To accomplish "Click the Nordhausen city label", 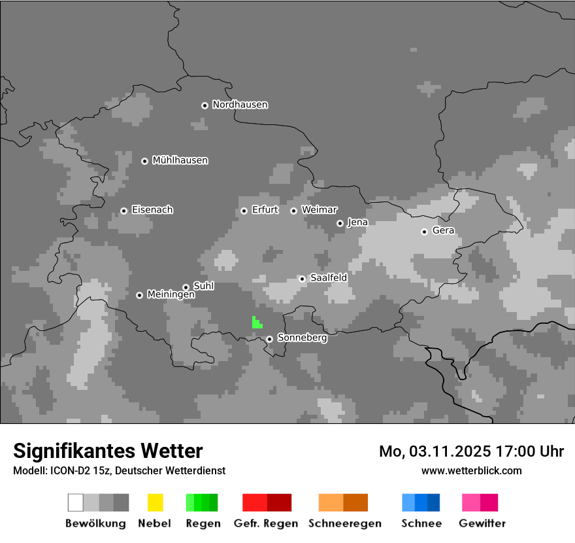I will coord(240,105).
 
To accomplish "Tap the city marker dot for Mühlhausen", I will coord(144,161).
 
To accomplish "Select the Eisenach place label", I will coord(152,210).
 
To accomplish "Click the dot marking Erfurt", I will coord(244,211).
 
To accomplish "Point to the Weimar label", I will coord(320,210).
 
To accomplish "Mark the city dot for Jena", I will coord(340,223).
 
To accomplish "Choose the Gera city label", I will coord(443,230).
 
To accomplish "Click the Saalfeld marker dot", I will coord(302,279).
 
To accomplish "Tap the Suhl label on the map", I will coord(204,286).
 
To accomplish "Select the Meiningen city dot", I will coord(139,295).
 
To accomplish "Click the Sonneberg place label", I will coord(303,338).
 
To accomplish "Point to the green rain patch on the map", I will coord(256,322).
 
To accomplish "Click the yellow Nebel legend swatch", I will coord(155,502).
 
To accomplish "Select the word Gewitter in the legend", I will coord(482,523).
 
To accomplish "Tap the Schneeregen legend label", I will coord(345,523).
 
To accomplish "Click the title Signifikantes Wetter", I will coord(108,451).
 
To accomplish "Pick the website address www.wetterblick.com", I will coord(472,470).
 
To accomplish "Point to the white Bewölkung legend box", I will coord(75,502).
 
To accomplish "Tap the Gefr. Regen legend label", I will coord(266,523).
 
